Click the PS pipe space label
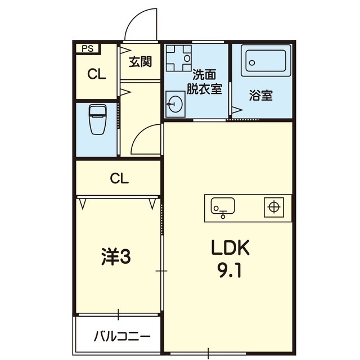coord(88,49)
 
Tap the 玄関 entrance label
coord(140,61)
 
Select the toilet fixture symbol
coord(98,119)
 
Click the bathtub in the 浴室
coord(266,61)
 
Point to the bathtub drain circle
coord(252,62)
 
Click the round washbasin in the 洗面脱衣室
coord(175,105)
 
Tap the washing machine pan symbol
coord(179,58)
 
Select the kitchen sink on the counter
coord(223,206)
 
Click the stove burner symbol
coord(274,208)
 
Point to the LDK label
coord(230,247)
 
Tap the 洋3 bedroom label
coord(116,256)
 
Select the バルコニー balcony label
coord(122,337)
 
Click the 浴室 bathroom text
coord(261,95)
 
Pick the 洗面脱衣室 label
coord(204,82)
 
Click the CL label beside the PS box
coord(97,74)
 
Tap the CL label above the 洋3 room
coord(119,178)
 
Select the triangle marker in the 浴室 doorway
coord(237,110)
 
